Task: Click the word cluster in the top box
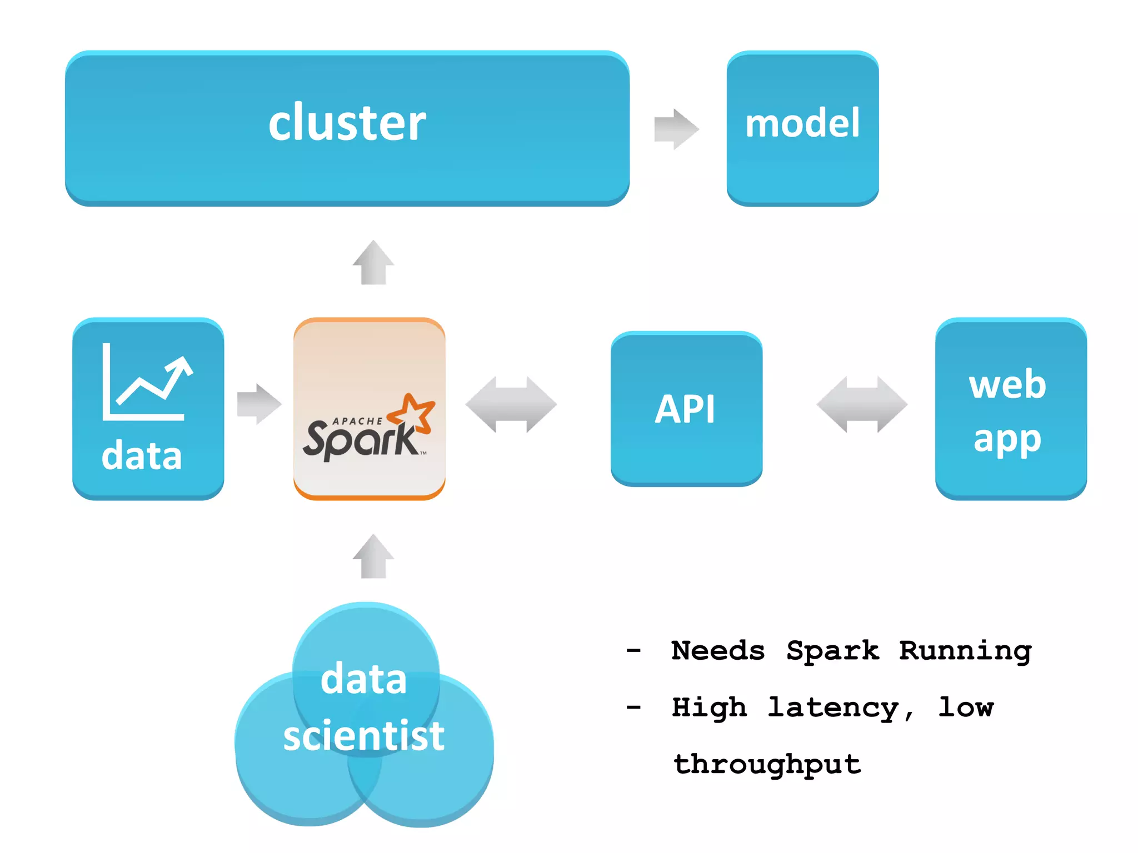[347, 123]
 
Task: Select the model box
[802, 128]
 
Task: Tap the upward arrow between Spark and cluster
[373, 263]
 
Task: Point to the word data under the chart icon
[142, 456]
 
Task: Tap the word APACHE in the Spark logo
[357, 422]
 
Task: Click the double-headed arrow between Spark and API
[511, 404]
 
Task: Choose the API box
[686, 409]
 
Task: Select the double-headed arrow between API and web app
[862, 404]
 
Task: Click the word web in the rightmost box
[1007, 384]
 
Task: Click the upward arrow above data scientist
[373, 557]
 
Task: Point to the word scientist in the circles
[364, 735]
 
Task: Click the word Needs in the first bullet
[718, 650]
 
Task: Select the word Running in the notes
[965, 650]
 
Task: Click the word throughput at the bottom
[767, 765]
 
